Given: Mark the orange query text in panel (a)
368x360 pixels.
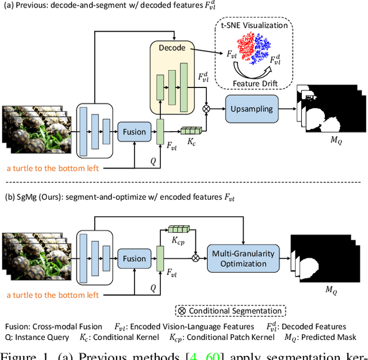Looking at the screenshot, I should click(53, 168).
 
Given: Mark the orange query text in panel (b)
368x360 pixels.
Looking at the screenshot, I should click(53, 295).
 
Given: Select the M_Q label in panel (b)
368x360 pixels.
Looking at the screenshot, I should click(331, 290).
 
